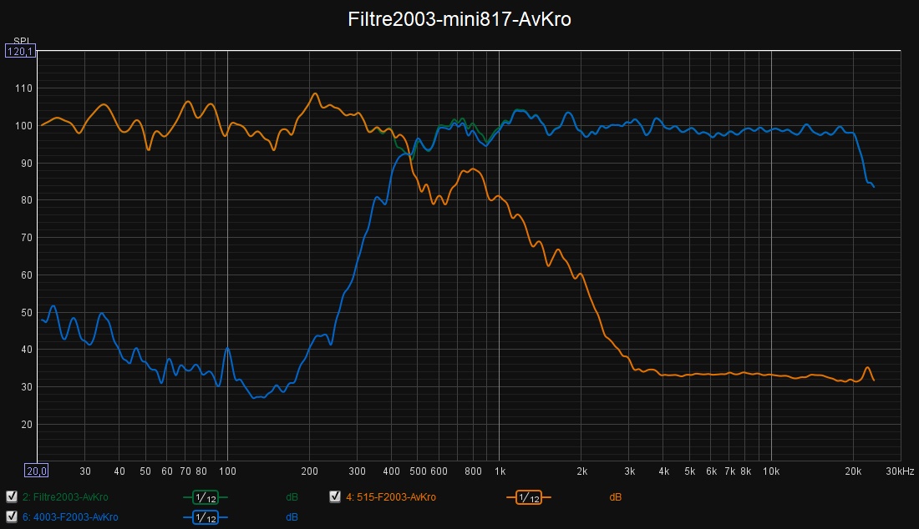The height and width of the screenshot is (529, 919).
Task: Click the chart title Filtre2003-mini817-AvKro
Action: (459, 20)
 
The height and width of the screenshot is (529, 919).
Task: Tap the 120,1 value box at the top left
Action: (20, 52)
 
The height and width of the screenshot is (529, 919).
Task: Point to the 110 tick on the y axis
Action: (23, 88)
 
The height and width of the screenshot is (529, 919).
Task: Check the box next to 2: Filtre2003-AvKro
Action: (11, 497)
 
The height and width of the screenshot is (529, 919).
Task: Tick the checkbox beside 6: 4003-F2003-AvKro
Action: (11, 516)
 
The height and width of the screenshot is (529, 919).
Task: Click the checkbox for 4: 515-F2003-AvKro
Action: (335, 497)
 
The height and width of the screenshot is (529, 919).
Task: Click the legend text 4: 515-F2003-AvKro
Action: (390, 497)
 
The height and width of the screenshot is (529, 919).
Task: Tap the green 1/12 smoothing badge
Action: (206, 497)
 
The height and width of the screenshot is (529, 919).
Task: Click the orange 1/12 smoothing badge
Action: (529, 497)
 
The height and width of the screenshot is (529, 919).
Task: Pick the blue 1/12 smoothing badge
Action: (206, 516)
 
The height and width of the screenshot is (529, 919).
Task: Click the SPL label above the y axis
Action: (20, 40)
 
